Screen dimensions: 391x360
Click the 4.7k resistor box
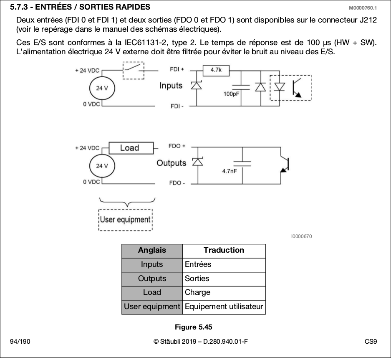(216, 71)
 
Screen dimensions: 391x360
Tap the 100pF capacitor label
(231, 94)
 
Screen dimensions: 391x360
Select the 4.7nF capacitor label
(230, 171)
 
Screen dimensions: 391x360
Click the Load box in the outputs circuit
(131, 148)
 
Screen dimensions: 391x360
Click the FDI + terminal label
(177, 69)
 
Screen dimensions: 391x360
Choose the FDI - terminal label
(177, 106)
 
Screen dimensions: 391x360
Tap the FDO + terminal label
(177, 146)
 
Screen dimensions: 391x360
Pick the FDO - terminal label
(177, 183)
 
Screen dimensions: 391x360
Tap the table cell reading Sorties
(224, 279)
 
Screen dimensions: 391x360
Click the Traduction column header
(224, 250)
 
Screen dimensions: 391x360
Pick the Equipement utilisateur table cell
(224, 307)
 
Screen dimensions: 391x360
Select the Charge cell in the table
(224, 293)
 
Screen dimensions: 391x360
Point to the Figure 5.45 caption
(194, 327)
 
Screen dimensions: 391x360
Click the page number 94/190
(20, 341)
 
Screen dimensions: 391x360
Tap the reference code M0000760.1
(363, 8)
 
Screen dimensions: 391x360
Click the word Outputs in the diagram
(172, 163)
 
